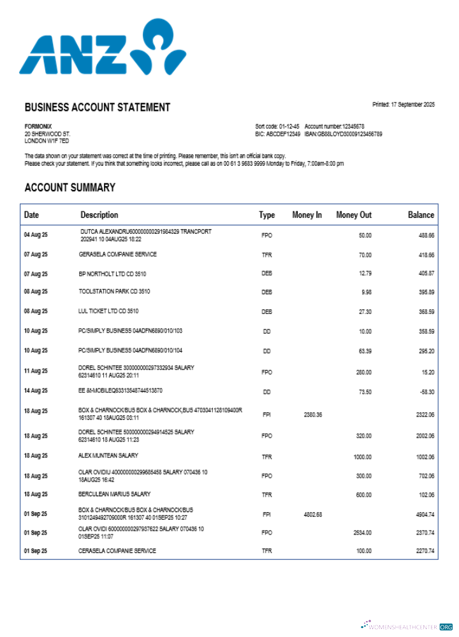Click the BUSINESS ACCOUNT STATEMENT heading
click(x=98, y=108)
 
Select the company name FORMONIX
click(x=38, y=126)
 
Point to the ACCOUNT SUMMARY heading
click(x=70, y=188)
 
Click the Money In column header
click(x=307, y=215)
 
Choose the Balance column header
click(x=421, y=215)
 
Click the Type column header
click(x=266, y=215)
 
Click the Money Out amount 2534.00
click(x=362, y=533)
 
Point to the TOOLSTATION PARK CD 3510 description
click(x=114, y=292)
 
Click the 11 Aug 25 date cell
click(x=36, y=371)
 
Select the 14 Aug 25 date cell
click(x=36, y=390)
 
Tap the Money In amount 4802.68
click(x=311, y=514)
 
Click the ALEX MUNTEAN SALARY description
click(x=108, y=456)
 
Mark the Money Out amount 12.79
click(x=364, y=274)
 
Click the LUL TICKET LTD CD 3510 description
click(x=108, y=311)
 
